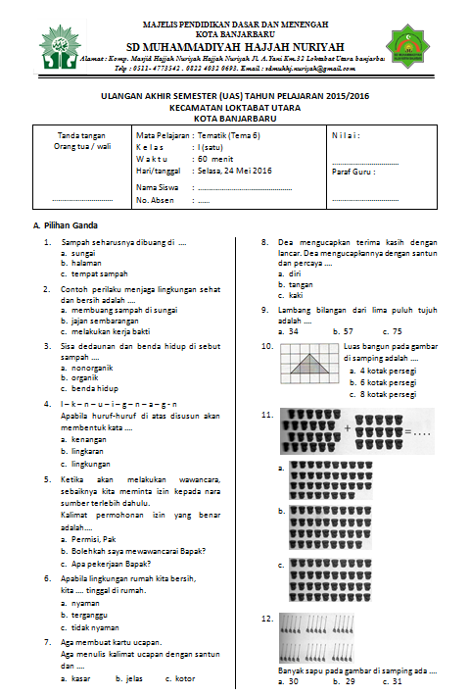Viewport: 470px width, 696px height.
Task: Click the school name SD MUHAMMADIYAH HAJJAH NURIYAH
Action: [x=235, y=45]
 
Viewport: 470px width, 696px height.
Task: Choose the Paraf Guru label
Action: [x=353, y=171]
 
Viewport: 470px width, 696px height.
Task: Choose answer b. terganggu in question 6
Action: [x=89, y=615]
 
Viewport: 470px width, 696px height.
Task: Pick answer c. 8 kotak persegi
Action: [x=384, y=394]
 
